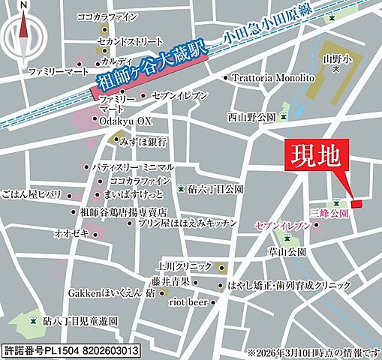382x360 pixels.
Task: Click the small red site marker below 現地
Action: [356, 203]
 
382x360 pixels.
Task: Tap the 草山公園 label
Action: [305, 251]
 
